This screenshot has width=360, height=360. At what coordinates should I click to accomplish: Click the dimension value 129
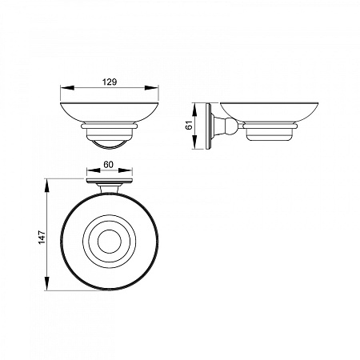(x=110, y=82)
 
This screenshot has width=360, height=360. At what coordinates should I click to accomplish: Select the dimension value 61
(x=189, y=125)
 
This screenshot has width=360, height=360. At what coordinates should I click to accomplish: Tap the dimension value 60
(x=108, y=165)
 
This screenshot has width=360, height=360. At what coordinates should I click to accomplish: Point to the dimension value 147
(x=42, y=237)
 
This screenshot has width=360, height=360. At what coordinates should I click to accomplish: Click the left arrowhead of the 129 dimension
(x=67, y=88)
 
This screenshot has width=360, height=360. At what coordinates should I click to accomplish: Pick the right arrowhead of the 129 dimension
(x=152, y=88)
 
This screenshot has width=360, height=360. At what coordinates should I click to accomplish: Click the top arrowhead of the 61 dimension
(x=194, y=110)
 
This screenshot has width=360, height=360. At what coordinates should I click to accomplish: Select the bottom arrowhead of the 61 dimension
(x=194, y=142)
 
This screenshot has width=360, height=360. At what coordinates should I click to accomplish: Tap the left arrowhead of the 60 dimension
(x=94, y=170)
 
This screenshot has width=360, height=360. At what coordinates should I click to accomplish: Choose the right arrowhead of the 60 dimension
(x=126, y=170)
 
